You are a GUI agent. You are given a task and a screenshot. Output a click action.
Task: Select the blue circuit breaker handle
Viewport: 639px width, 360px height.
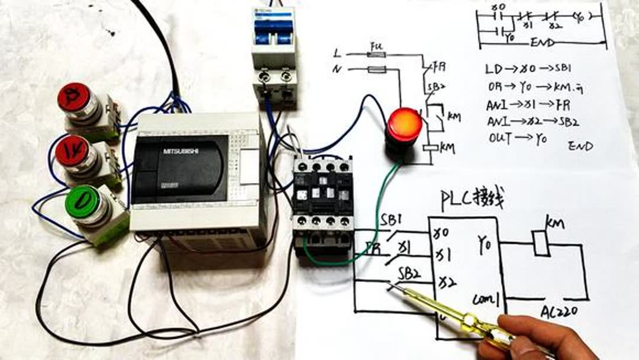pos(273,28)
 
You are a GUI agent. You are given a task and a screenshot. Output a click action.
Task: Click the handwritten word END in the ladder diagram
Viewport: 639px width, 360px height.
pos(542,43)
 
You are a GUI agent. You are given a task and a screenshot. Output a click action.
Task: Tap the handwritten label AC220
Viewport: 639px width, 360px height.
pos(559,311)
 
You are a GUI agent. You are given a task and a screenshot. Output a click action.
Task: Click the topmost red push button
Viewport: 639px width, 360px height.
pos(75,97)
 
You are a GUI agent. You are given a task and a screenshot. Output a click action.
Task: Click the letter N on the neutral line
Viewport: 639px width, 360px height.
pos(338,70)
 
